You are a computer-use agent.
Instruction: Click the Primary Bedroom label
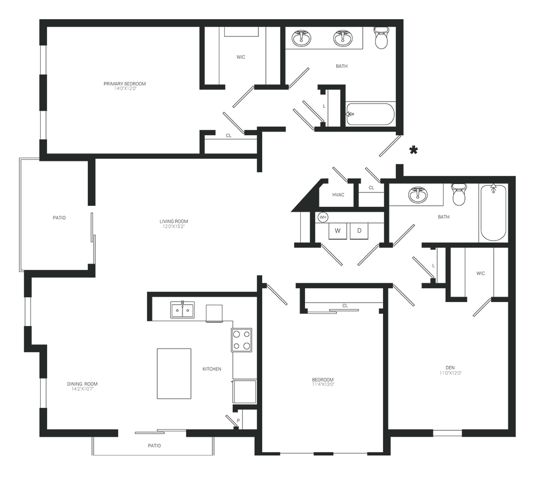tap(125, 84)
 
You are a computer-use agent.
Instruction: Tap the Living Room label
tap(174, 221)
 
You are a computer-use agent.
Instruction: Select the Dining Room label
tap(82, 384)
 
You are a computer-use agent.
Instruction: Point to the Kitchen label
tap(212, 369)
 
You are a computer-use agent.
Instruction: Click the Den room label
tap(450, 367)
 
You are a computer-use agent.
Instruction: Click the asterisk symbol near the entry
tap(414, 150)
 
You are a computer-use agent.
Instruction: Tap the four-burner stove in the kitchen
tap(242, 340)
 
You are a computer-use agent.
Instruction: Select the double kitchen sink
tap(182, 310)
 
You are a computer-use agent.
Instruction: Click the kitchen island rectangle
tap(174, 373)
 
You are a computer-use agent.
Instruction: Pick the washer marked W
tap(338, 231)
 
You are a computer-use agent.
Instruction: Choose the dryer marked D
tap(360, 231)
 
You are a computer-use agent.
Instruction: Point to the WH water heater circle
tap(323, 217)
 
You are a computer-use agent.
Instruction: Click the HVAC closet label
tap(338, 195)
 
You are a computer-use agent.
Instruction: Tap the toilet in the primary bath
tap(381, 37)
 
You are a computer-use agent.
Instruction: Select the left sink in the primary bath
tap(302, 37)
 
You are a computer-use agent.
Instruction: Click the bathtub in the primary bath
tap(370, 114)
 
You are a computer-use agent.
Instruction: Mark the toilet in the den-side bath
tap(459, 195)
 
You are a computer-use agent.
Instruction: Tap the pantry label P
tap(238, 420)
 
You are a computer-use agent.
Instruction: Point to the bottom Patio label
tap(154, 446)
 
